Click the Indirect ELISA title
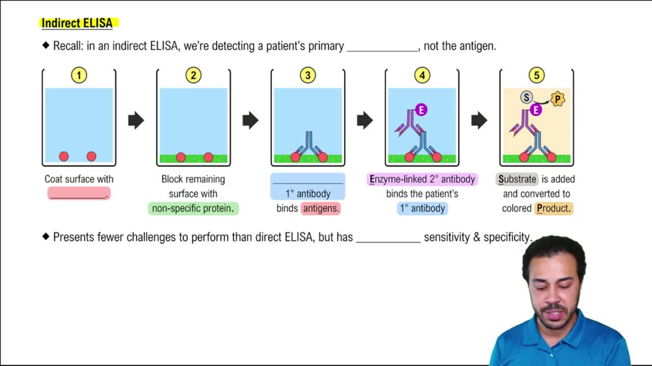(77, 23)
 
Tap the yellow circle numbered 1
(79, 76)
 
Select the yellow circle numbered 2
(193, 76)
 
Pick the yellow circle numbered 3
(308, 76)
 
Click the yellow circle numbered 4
(422, 76)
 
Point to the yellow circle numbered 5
(537, 76)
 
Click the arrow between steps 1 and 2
(136, 120)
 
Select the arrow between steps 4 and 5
(479, 120)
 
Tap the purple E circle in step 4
(421, 110)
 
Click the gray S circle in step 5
(526, 98)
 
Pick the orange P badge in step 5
(557, 99)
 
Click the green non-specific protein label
(193, 208)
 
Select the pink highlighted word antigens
(321, 208)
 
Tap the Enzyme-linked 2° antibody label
(422, 179)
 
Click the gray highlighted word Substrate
(518, 179)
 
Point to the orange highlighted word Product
(554, 208)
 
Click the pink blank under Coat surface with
(78, 193)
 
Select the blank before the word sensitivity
(388, 238)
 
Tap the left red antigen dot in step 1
(64, 156)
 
